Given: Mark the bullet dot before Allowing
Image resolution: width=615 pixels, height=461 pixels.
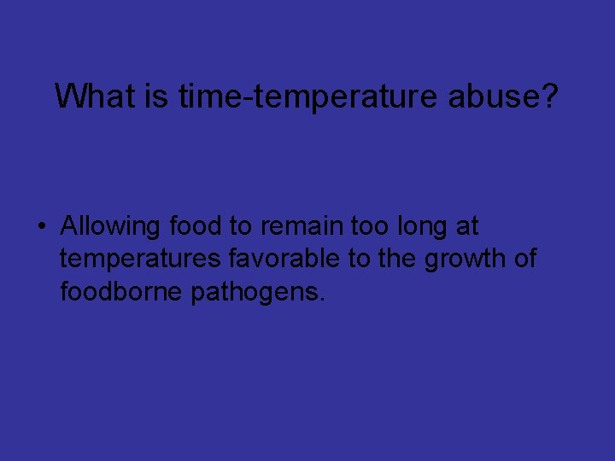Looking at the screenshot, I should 40,227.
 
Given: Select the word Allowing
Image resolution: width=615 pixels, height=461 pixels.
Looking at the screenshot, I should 111,226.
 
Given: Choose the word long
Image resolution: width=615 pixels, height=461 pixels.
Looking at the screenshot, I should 423,228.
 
